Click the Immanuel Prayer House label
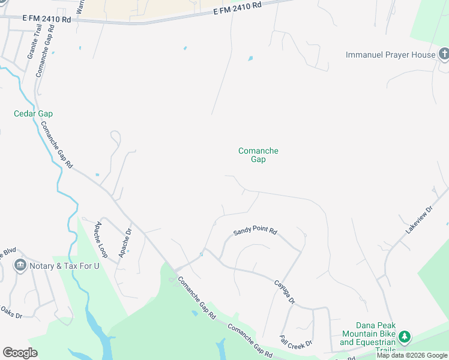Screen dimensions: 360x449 point(390,55)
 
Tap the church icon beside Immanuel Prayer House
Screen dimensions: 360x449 point(444,55)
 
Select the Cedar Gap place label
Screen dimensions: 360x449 point(34,113)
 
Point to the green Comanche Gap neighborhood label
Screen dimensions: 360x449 point(258,155)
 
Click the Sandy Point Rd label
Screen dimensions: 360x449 point(255,231)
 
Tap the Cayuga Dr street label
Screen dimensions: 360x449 point(285,292)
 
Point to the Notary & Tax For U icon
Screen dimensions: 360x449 point(20,265)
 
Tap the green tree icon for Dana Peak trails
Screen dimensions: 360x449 point(405,337)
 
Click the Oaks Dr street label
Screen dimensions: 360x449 point(11,312)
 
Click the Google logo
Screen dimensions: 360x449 point(20,352)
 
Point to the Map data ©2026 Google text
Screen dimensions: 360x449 point(412,355)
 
